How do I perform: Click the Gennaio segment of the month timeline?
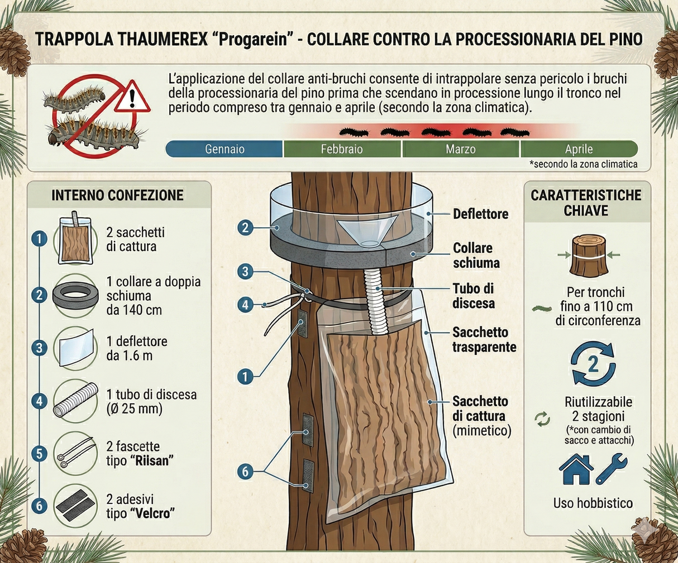(225, 149)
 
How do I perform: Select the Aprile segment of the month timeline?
(579, 149)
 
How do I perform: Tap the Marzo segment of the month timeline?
(460, 149)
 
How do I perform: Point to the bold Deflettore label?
(480, 214)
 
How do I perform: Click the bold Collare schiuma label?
(476, 255)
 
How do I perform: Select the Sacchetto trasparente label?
(484, 339)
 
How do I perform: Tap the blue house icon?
(575, 469)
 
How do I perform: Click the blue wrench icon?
(611, 469)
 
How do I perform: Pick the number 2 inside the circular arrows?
(593, 364)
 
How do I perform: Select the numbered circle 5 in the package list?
(39, 453)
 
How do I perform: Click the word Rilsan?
(152, 461)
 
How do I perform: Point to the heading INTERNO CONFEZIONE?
(117, 195)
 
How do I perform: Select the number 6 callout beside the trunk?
(245, 471)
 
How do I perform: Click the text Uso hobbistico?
(593, 503)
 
